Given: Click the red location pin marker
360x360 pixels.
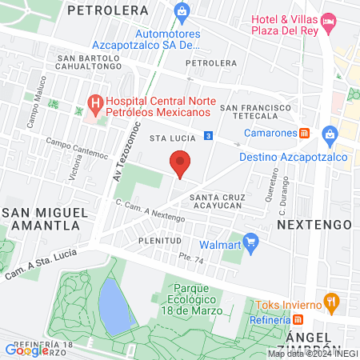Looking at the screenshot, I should pyautogui.click(x=180, y=164).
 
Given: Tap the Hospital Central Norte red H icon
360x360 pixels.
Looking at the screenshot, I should pyautogui.click(x=95, y=102).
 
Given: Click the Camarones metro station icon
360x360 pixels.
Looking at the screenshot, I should pyautogui.click(x=305, y=133).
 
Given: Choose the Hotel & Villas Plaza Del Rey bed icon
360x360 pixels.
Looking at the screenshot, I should pyautogui.click(x=328, y=19).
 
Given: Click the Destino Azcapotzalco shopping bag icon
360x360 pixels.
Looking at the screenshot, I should pyautogui.click(x=328, y=134).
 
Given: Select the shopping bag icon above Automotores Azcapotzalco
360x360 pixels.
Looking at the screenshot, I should pyautogui.click(x=182, y=10).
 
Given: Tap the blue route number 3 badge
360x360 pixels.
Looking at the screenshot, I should pyautogui.click(x=207, y=136).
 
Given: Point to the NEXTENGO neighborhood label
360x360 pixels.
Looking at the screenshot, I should pyautogui.click(x=303, y=226).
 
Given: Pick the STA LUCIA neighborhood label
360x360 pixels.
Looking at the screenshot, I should pyautogui.click(x=168, y=138).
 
